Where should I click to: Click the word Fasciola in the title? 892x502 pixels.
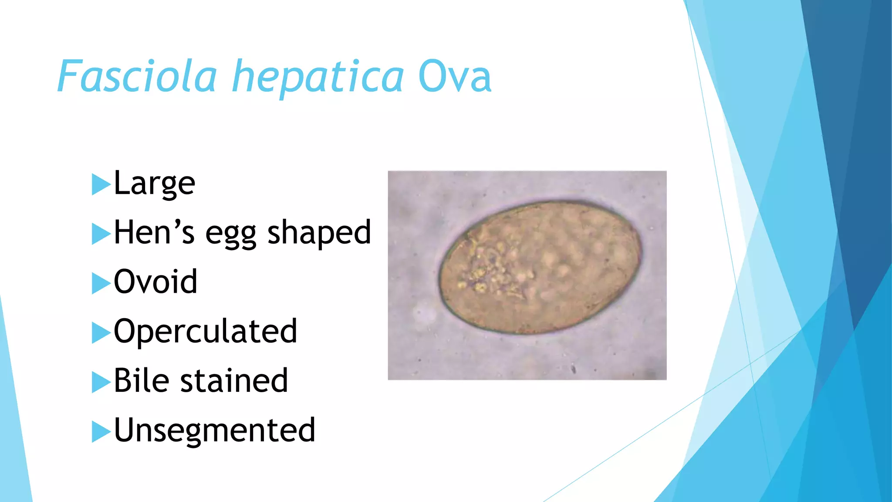coord(137,77)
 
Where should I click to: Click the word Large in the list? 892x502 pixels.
coord(154,183)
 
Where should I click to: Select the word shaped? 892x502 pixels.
coord(319,233)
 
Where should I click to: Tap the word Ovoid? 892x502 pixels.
coord(155,282)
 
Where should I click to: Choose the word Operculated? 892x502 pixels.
coord(205,332)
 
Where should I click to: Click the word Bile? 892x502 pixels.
coord(141,380)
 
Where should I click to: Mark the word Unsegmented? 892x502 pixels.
coord(214,430)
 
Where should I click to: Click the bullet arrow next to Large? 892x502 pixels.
coord(101,184)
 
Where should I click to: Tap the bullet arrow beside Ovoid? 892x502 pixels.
coord(101,283)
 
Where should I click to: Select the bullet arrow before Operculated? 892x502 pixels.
coord(101,333)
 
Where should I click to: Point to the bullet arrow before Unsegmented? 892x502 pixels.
coord(101,432)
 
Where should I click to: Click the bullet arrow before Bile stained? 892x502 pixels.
coord(101,382)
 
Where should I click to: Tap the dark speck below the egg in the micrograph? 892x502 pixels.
coord(574,370)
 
